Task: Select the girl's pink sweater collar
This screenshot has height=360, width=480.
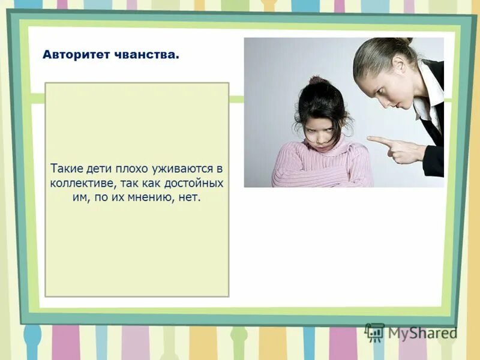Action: pos(325,150)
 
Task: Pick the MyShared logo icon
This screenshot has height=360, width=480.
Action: pos(374,332)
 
